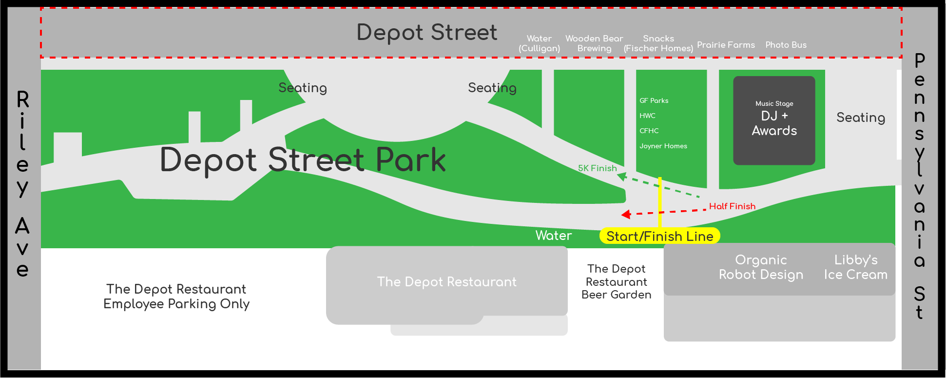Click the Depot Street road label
point(427,33)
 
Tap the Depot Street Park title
point(303,159)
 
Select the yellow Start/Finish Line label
point(660,236)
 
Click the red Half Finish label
point(732,206)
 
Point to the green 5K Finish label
point(598,168)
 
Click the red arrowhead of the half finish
point(626,214)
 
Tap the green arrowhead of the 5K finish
point(622,177)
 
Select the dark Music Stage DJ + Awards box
point(774,120)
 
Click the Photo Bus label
point(786,45)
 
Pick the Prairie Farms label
point(726,45)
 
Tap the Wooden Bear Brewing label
point(594,43)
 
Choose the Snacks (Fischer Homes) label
point(658,43)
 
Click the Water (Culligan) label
point(539,43)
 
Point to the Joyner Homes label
point(663,146)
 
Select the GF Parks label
point(654,100)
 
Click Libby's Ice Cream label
point(856,267)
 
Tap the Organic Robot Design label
point(761,267)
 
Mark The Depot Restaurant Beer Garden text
point(617,282)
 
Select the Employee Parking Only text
point(176,304)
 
